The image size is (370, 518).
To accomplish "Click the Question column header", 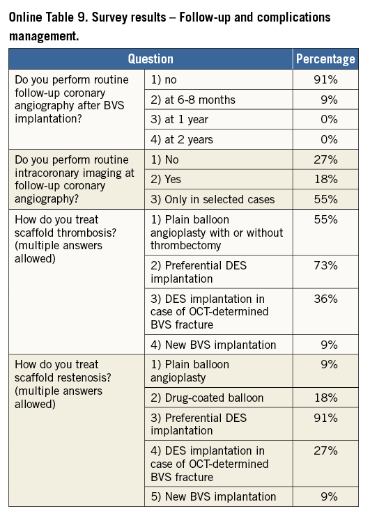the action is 151,58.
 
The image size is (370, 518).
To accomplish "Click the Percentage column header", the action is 325,58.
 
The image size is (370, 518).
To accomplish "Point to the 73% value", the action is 325,265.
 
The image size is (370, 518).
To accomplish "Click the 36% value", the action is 325,299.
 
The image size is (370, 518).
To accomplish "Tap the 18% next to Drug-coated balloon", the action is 325,398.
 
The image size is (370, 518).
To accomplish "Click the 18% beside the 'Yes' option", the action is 325,179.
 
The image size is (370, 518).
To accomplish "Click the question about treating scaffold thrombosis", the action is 65,239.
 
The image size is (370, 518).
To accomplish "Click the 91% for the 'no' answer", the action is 325,79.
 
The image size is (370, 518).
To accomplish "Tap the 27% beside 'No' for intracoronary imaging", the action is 325,159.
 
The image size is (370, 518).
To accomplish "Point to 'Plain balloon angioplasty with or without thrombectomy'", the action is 217,233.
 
